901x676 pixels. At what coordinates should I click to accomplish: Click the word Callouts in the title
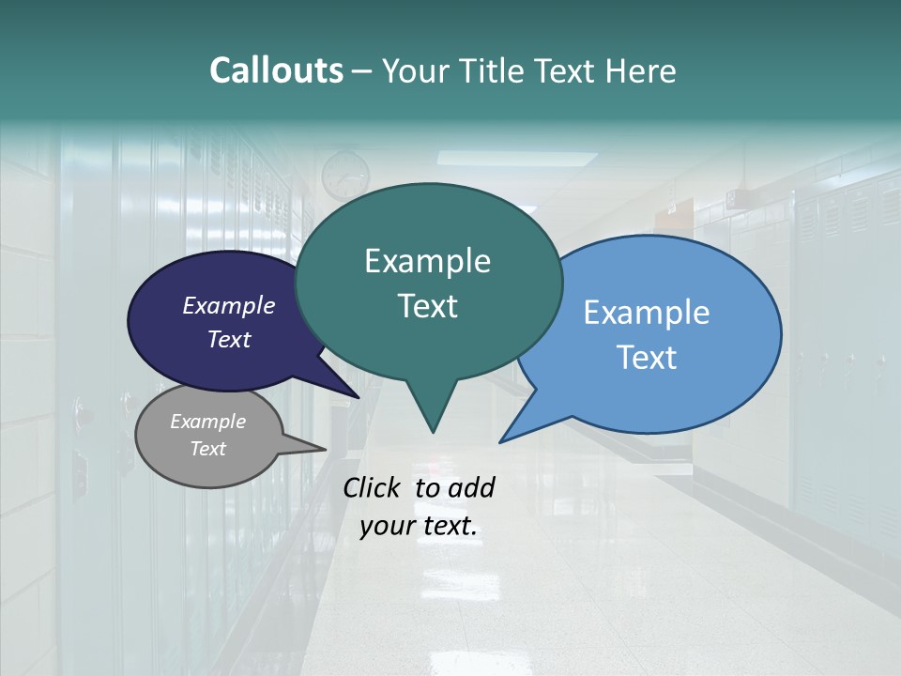click(x=277, y=70)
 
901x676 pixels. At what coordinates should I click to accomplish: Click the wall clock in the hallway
click(x=345, y=175)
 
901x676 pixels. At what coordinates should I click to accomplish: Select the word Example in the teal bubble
click(x=428, y=261)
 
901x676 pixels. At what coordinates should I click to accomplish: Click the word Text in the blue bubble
click(x=648, y=358)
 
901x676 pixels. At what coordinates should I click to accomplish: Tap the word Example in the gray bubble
click(x=208, y=422)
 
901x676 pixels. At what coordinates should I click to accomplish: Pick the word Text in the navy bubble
click(x=229, y=339)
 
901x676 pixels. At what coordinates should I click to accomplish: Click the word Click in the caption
click(x=372, y=487)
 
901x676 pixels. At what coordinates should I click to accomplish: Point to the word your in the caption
click(x=384, y=526)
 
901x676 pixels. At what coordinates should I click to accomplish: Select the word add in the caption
click(x=473, y=487)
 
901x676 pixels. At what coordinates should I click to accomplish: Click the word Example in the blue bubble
click(x=647, y=312)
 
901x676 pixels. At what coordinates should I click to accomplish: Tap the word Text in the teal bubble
click(x=428, y=306)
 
